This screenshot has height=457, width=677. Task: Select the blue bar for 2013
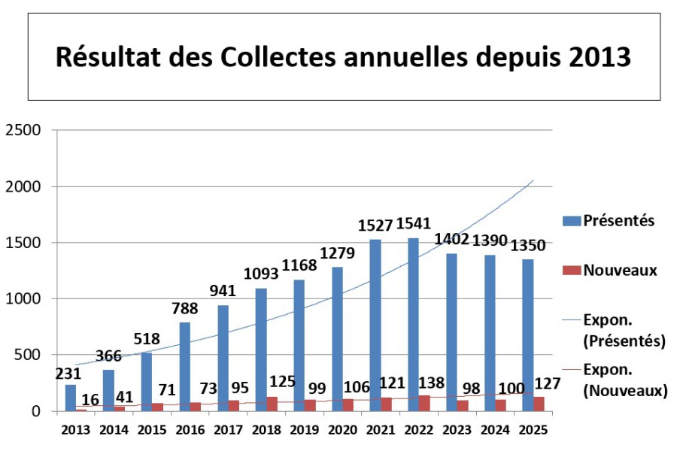coord(71,398)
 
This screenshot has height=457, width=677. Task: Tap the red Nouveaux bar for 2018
coord(272,404)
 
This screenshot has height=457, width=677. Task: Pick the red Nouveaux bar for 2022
coord(425,403)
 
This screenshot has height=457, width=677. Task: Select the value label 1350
coord(528,246)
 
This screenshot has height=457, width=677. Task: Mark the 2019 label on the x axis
coord(305,430)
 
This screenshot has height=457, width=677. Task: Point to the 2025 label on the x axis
coord(533,430)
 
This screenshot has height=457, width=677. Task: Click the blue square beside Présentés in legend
coord(572,220)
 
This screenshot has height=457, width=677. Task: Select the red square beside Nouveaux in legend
coord(572,270)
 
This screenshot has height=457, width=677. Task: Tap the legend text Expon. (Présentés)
coord(624,331)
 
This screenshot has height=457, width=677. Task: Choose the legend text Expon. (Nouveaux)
coord(624,380)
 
